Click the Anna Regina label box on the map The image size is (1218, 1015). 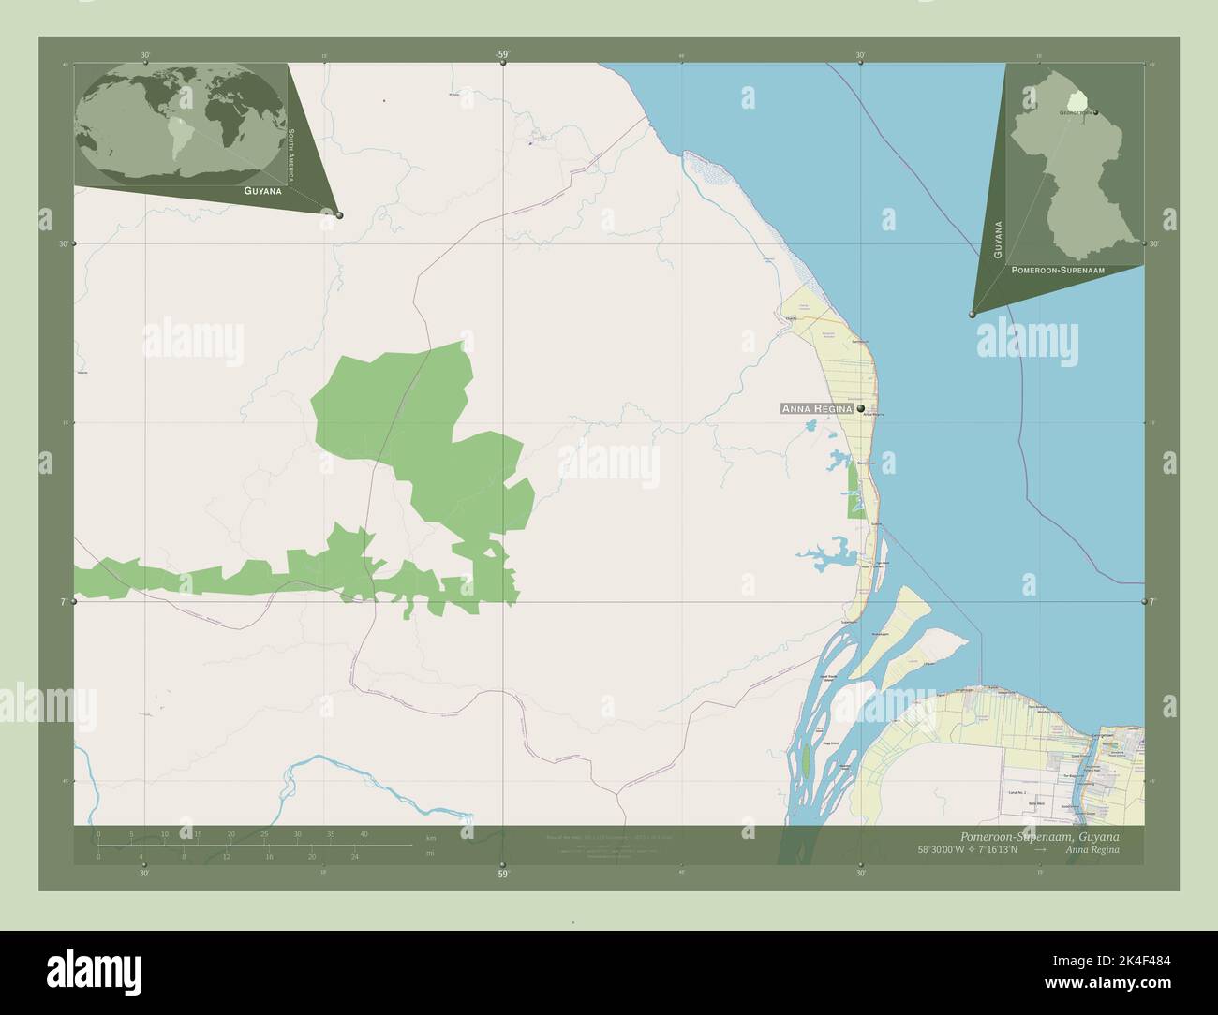pyautogui.click(x=817, y=408)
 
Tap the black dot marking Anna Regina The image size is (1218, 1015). pyautogui.click(x=860, y=408)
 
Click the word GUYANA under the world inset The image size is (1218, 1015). pyautogui.click(x=262, y=190)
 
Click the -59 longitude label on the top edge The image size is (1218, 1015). pyautogui.click(x=502, y=55)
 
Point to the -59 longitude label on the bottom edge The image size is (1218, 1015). pyautogui.click(x=502, y=874)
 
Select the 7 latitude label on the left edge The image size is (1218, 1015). pyautogui.click(x=64, y=602)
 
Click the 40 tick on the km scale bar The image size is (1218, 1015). pyautogui.click(x=363, y=833)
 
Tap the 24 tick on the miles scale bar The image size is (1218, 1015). pyautogui.click(x=354, y=856)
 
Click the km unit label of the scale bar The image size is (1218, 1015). pyautogui.click(x=430, y=837)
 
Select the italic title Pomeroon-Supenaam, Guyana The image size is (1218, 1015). pyautogui.click(x=1038, y=835)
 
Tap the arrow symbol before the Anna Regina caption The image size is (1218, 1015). pyautogui.click(x=1040, y=849)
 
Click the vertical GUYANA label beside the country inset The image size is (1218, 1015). pyautogui.click(x=998, y=240)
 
